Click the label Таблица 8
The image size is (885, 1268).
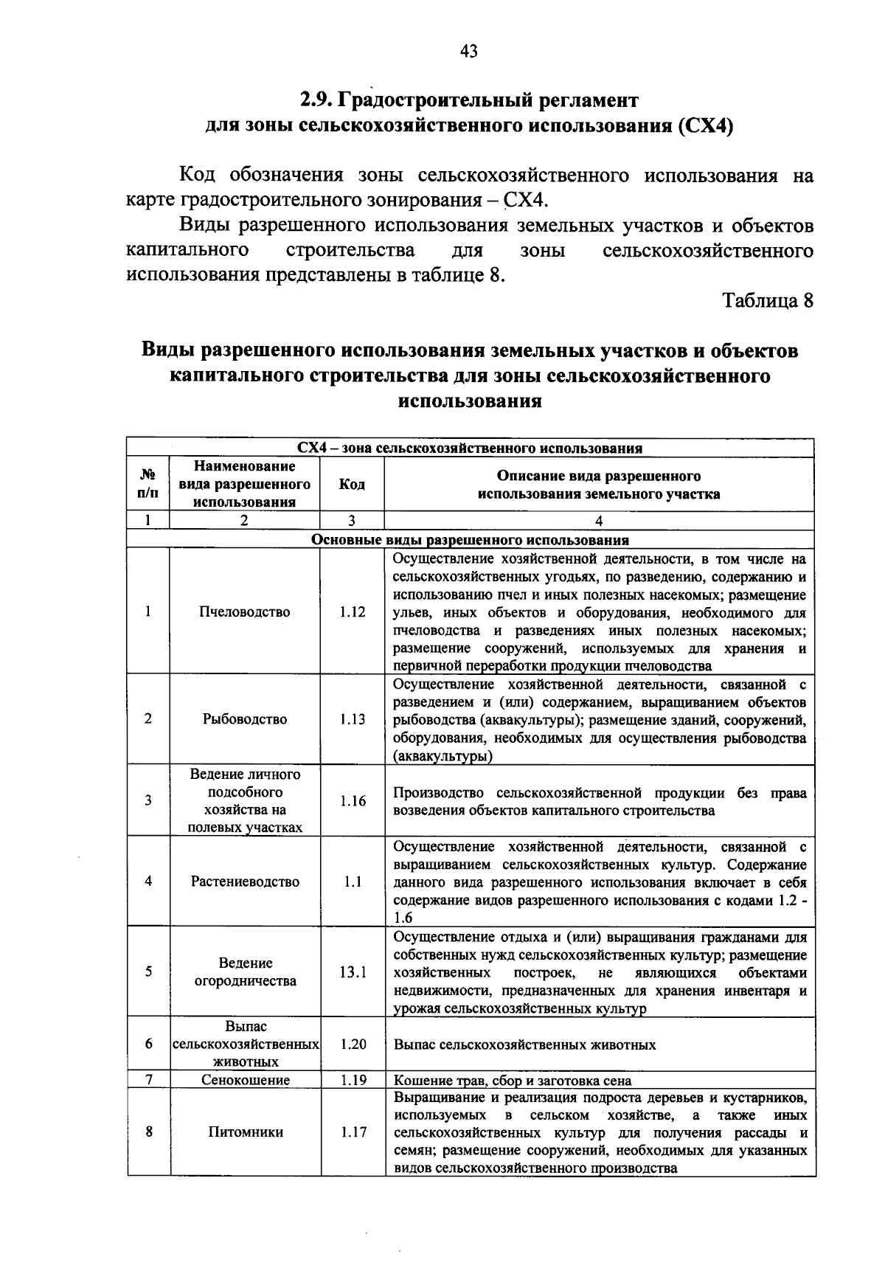tap(767, 301)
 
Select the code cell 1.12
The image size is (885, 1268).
tap(353, 612)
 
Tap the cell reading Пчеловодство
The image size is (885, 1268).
tap(245, 612)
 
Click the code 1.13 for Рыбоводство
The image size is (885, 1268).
tap(353, 719)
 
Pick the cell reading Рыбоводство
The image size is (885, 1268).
tap(245, 719)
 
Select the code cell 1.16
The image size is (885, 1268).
tap(353, 801)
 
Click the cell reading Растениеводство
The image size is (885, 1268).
tap(245, 881)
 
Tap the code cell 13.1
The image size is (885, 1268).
tap(353, 972)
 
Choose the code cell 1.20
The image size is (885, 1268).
tap(353, 1044)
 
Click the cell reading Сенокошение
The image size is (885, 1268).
tap(245, 1081)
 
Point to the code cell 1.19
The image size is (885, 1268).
tap(353, 1081)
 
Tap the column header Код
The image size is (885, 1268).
tap(352, 485)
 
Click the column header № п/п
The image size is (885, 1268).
tap(147, 485)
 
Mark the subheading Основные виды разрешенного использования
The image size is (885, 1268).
tap(470, 540)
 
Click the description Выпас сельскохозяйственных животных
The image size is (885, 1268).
tap(524, 1045)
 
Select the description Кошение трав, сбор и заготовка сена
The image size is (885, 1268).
tap(513, 1081)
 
